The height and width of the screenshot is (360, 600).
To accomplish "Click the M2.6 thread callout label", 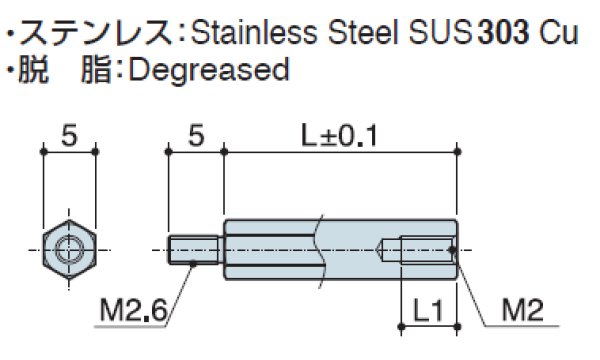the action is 134,310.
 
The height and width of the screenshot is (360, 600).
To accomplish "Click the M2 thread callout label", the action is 523,310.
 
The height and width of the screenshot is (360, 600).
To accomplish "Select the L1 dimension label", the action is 428,310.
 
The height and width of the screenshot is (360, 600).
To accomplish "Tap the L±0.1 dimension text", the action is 339,136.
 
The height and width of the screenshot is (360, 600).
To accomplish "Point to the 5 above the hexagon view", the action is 69,136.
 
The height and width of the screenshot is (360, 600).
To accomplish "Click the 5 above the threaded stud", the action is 196,136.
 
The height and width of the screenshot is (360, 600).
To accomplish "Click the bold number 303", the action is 504,32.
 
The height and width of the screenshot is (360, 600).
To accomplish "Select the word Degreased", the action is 209,69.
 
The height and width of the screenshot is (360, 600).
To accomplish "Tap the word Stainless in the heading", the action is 254,32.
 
